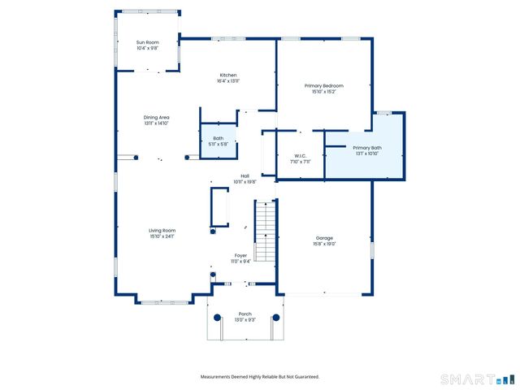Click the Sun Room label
[147, 42]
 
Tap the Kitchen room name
[227, 75]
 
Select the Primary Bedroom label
[323, 86]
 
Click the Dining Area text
[157, 118]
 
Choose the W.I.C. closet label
[300, 156]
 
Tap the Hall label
[245, 176]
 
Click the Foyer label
[240, 255]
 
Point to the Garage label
[325, 238]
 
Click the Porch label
[245, 314]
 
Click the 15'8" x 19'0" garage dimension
[325, 244]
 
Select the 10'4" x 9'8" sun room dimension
[147, 48]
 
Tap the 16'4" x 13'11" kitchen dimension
[227, 80]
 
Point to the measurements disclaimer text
[260, 376]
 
